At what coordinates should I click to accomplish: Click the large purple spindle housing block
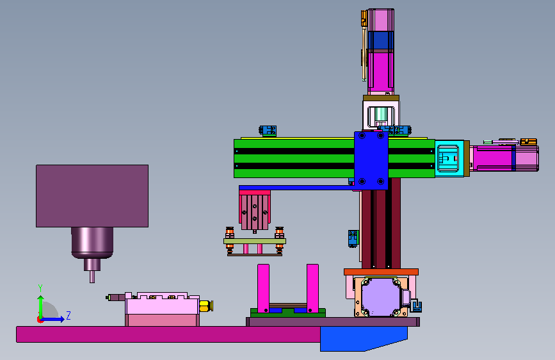coord(92,196)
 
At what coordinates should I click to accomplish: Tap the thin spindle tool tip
coord(92,277)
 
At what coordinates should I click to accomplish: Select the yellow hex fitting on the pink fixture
coord(205,306)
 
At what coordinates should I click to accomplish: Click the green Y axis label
coord(40,288)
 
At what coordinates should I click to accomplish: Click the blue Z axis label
coord(68,315)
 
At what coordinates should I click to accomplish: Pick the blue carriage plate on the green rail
coord(371,160)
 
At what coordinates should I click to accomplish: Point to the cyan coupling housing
coord(449,158)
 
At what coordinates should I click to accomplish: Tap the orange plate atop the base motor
coord(382,272)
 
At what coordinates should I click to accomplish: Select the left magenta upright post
coord(263,288)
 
